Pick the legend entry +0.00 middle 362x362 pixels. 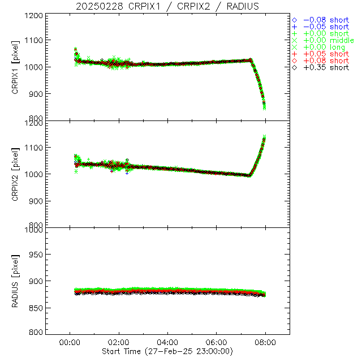point(328,40)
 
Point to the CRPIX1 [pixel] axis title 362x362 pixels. point(23,67)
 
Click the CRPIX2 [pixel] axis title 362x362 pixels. point(23,174)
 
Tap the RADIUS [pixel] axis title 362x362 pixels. point(23,281)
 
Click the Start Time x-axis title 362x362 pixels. point(167,351)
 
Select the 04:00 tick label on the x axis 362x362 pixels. point(167,342)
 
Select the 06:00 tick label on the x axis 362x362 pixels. point(217,342)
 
